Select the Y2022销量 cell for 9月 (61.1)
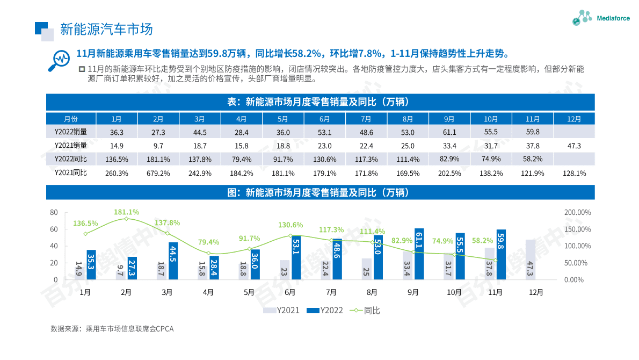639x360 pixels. [449, 132]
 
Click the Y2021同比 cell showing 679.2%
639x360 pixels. [158, 173]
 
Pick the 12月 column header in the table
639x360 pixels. [574, 119]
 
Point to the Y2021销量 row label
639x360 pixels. [70, 146]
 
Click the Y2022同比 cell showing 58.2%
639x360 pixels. [532, 159]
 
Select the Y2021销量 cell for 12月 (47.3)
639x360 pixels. [574, 146]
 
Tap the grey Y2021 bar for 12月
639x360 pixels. [531, 260]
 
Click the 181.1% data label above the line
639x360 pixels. [126, 212]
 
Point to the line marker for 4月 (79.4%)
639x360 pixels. [208, 253]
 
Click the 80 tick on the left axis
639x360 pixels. [54, 212]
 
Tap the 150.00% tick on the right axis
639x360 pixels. [577, 229]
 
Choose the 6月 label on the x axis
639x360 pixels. [290, 293]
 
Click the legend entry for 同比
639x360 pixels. [365, 311]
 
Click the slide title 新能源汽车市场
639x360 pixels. [106, 28]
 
